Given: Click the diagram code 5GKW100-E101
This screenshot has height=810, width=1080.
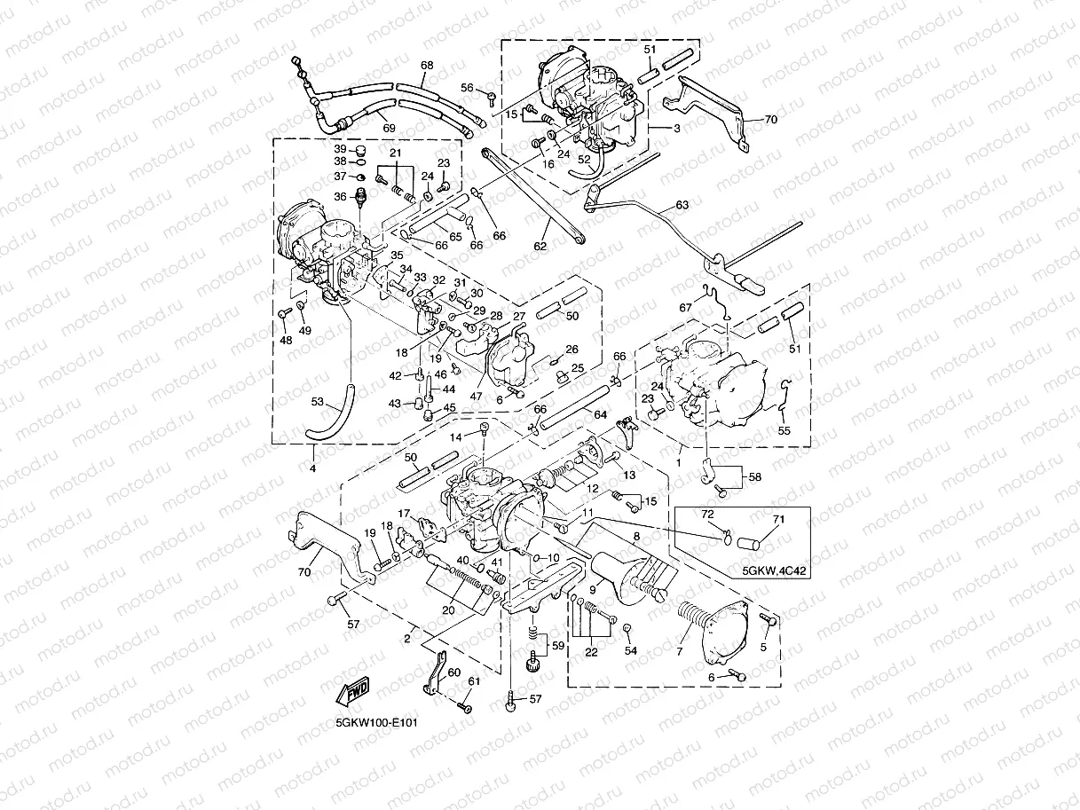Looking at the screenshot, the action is [x=376, y=723].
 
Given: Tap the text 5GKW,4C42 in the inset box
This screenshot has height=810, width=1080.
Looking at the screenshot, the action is [x=774, y=571].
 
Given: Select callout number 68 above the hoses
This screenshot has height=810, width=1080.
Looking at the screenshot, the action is [x=427, y=66].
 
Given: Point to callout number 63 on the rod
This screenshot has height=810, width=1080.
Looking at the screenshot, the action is [x=682, y=205].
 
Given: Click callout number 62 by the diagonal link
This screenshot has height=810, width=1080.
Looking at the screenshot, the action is [x=540, y=246].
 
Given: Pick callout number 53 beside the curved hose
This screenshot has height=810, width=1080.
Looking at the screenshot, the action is [x=318, y=401].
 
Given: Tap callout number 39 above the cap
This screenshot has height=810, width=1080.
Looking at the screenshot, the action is [x=341, y=149].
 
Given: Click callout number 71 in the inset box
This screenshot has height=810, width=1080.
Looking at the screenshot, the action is [x=778, y=519].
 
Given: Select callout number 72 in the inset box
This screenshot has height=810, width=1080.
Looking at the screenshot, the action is [x=707, y=515].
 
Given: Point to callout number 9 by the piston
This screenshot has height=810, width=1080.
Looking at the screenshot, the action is [x=593, y=589].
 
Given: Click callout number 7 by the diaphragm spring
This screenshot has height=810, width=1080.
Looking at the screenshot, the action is [x=680, y=652].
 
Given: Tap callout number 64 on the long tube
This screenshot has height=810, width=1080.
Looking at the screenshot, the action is [x=600, y=415].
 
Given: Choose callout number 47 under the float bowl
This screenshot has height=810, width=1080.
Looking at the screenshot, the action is [x=476, y=397].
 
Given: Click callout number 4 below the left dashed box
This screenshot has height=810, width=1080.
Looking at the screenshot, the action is [x=313, y=468].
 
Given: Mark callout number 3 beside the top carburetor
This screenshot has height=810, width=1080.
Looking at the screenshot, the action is [x=677, y=129].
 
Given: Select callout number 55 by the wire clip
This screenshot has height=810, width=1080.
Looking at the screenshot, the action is [x=784, y=430].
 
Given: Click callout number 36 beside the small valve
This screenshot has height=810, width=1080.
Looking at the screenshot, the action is [x=341, y=197].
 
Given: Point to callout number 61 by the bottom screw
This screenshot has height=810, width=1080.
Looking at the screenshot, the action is [x=473, y=681].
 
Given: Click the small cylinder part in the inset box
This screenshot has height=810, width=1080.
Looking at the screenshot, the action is [x=748, y=544].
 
